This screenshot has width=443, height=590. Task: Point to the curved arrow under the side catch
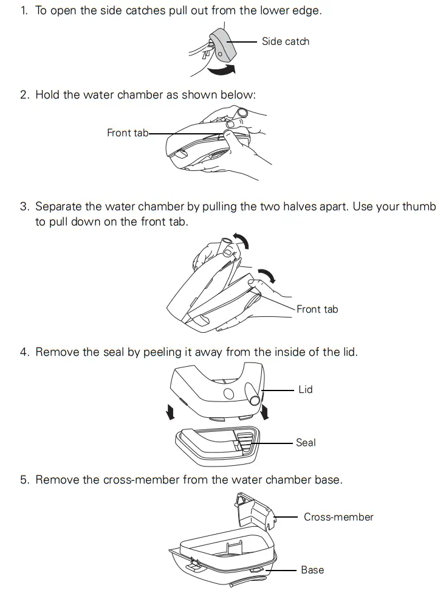click(222, 70)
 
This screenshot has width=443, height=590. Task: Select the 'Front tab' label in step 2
click(128, 133)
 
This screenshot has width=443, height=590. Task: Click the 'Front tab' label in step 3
click(317, 310)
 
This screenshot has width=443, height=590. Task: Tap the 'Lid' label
click(306, 389)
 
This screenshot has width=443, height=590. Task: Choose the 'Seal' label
click(306, 443)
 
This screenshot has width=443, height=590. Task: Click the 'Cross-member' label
click(338, 517)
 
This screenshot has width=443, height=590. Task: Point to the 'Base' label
click(312, 570)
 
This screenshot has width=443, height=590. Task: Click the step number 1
click(24, 10)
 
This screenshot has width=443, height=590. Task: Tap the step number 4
click(24, 352)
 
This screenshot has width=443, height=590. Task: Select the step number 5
click(24, 480)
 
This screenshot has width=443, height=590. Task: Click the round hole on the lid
click(228, 394)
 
